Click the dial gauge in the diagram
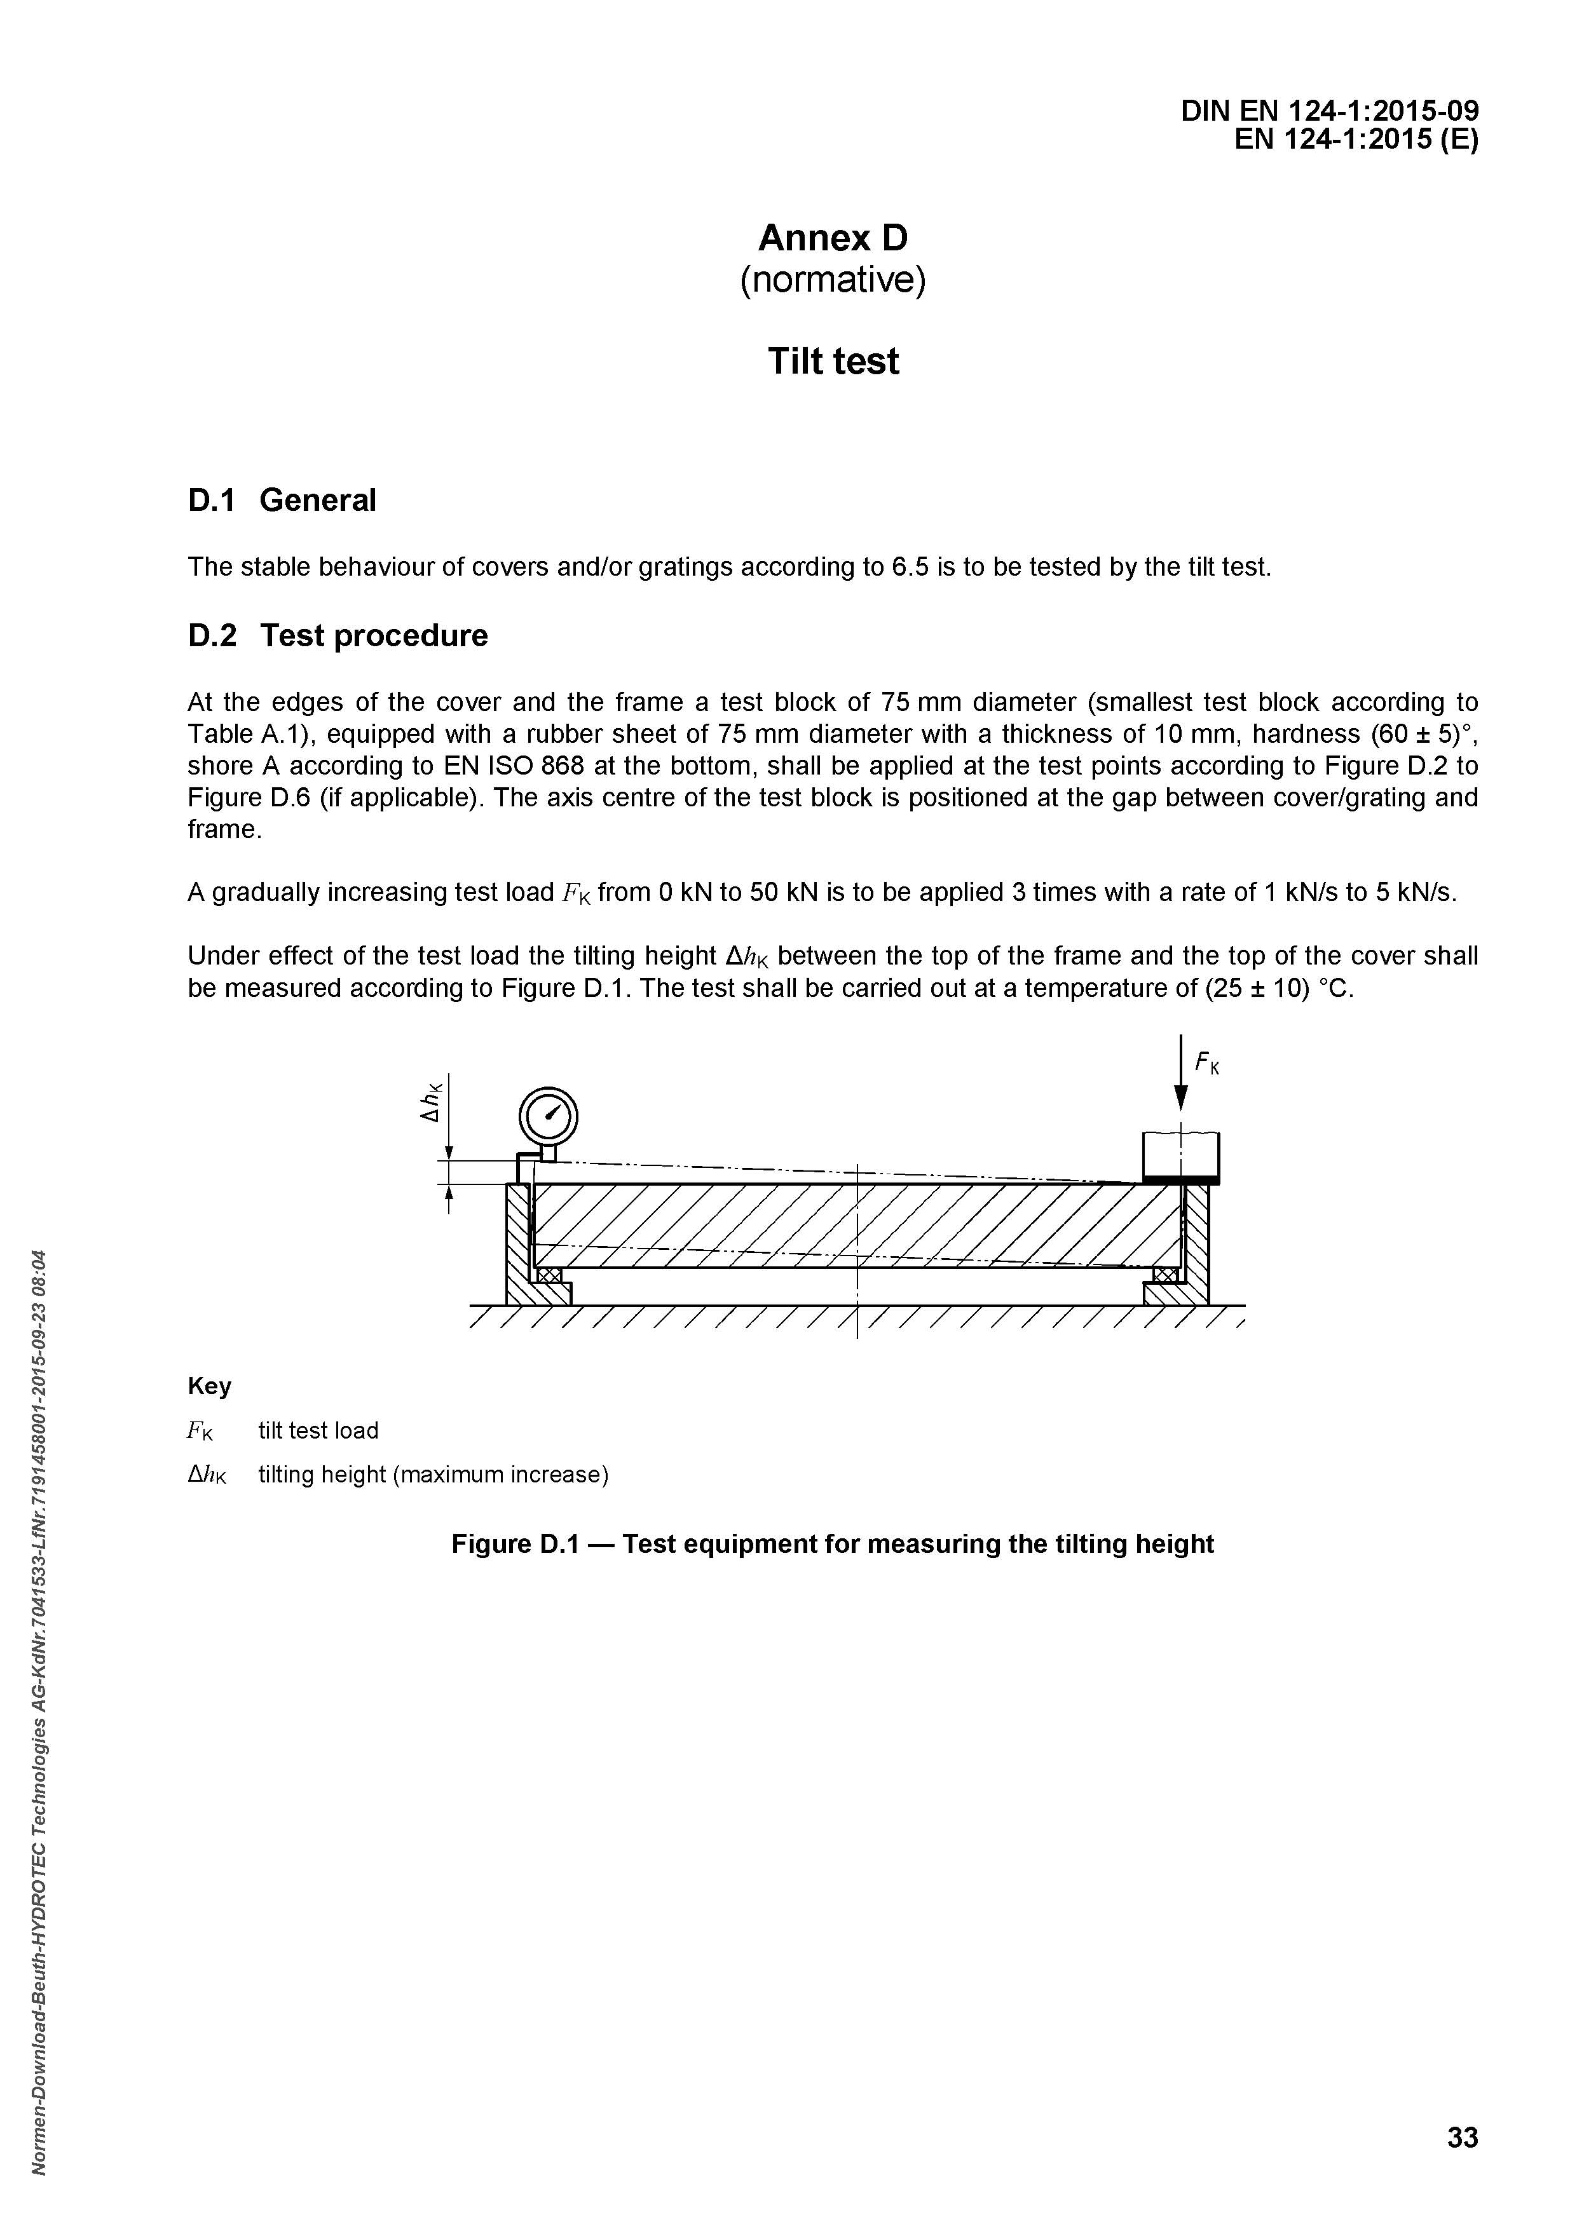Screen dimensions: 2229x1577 [x=549, y=1116]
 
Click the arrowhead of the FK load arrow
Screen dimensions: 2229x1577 [x=1181, y=1097]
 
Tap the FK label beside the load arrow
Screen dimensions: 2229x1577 [x=1207, y=1064]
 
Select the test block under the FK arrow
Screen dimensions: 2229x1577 [x=1181, y=1155]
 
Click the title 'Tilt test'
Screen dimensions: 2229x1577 [x=833, y=361]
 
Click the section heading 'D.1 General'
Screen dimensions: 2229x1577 [x=282, y=500]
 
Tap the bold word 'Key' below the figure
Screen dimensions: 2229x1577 [x=210, y=1386]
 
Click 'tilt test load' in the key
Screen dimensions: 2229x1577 [x=318, y=1430]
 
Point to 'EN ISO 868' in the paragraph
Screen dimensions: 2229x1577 [x=504, y=766]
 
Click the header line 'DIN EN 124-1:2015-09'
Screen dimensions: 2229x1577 [x=1329, y=112]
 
